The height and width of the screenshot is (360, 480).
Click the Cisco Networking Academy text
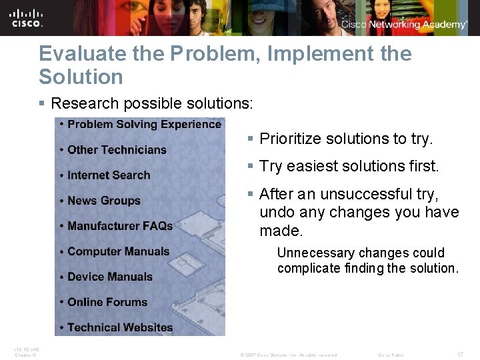404,25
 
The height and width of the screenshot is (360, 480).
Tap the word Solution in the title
81,77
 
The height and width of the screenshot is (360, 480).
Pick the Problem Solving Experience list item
144,124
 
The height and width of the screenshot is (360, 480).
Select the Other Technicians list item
117,149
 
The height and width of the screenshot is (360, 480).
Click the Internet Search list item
109,175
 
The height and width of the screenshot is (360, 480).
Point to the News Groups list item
104,201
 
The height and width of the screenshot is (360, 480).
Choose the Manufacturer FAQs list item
120,226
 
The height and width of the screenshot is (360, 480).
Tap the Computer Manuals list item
119,251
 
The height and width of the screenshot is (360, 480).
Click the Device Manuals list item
110,277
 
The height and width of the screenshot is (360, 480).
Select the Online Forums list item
107,302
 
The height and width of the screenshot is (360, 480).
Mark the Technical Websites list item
120,327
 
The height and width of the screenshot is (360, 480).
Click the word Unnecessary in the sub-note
316,253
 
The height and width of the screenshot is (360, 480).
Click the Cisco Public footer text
391,355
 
